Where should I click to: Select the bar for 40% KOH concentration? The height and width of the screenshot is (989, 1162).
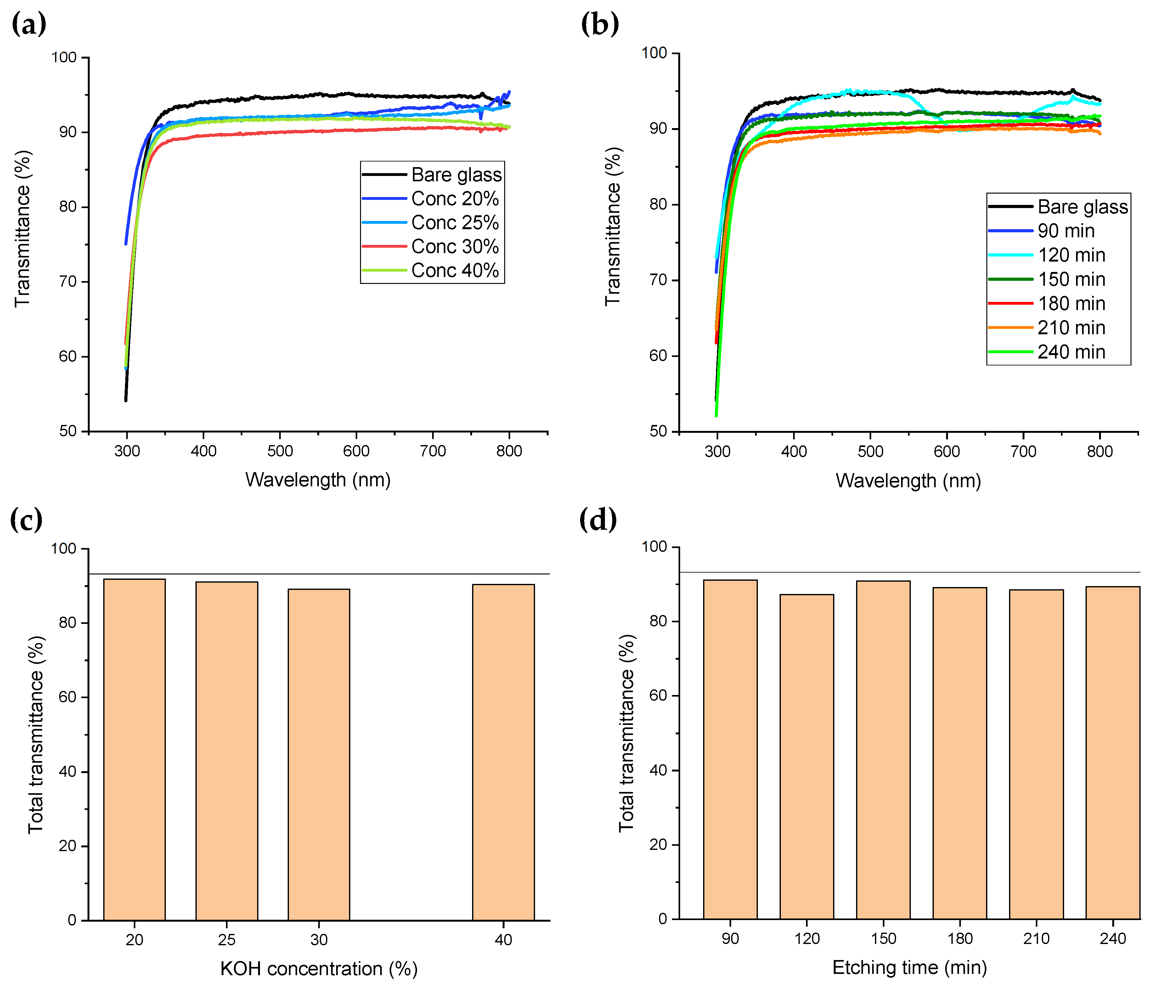click(503, 751)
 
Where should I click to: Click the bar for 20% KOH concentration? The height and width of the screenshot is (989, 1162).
click(134, 749)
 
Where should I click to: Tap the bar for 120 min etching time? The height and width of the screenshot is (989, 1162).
click(807, 757)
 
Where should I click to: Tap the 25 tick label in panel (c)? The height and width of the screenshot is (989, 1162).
click(227, 940)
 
